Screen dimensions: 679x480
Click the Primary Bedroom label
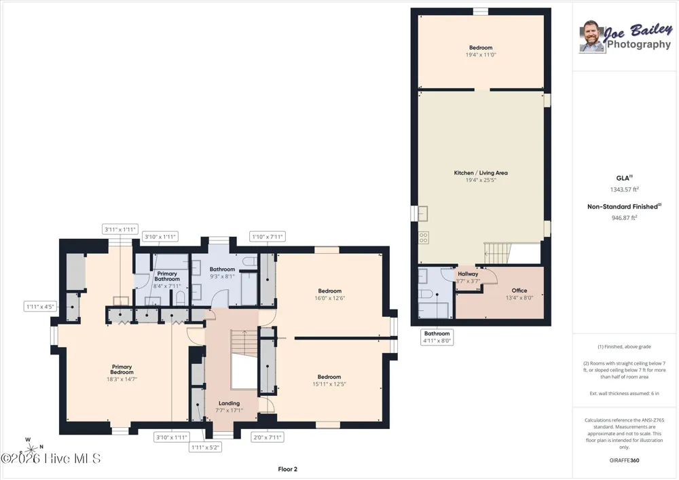tap(122, 369)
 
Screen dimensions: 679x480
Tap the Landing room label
tap(229, 403)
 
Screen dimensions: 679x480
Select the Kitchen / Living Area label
tap(481, 172)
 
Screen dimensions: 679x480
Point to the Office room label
tap(519, 291)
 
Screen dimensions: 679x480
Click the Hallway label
tap(468, 274)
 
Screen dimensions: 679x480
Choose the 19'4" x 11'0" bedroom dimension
tap(481, 55)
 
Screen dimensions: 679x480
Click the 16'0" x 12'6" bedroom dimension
tap(329, 298)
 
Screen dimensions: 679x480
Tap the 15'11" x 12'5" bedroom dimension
tap(329, 384)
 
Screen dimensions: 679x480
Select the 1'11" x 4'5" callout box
tap(40, 307)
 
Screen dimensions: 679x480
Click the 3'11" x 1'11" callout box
tap(120, 229)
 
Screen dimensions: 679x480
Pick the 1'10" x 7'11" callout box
tap(268, 237)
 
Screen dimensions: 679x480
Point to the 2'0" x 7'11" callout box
tap(267, 437)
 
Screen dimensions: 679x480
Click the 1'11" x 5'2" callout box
tap(205, 447)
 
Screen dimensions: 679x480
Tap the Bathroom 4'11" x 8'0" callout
tap(437, 337)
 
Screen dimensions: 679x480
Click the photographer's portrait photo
tap(591, 37)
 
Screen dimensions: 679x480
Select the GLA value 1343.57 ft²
tap(625, 189)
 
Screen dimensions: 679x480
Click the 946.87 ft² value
tap(624, 218)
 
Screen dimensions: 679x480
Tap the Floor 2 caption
tap(287, 468)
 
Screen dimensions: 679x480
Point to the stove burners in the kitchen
tap(424, 237)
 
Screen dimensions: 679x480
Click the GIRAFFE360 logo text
tap(624, 460)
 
